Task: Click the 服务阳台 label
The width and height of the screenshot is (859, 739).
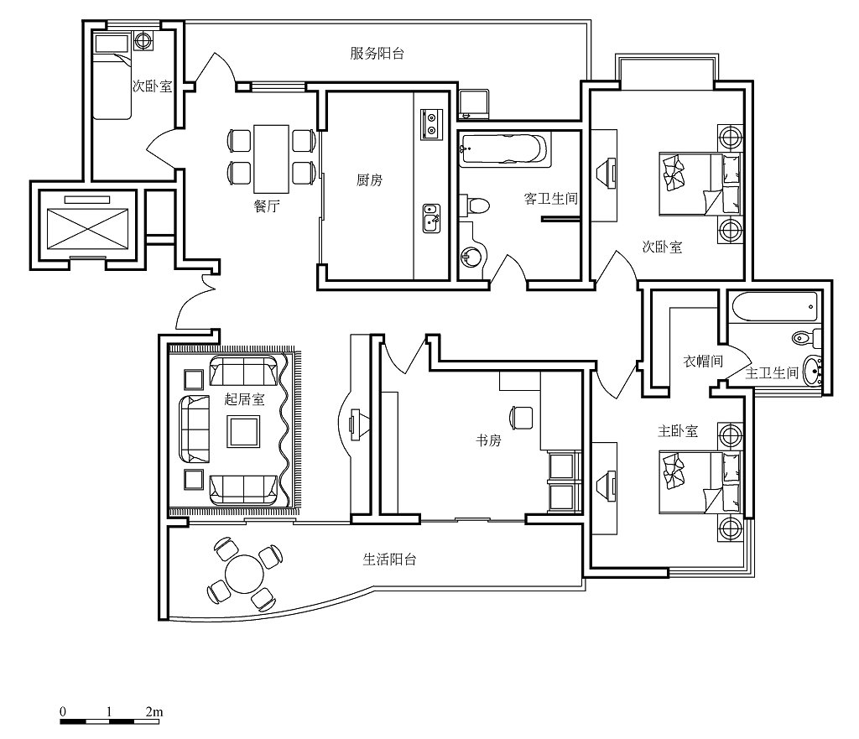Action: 377,53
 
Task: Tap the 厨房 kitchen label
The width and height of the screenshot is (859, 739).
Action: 369,180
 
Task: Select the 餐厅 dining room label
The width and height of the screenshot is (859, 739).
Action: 267,206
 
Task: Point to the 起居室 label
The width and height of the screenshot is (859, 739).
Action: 244,398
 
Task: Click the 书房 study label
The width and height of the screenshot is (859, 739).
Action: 488,440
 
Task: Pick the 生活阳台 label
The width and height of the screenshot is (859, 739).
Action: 389,559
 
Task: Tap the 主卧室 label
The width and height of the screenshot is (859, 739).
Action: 678,431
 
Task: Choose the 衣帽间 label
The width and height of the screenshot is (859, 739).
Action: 703,362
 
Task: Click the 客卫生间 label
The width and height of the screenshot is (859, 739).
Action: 551,198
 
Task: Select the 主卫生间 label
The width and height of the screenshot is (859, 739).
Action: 772,373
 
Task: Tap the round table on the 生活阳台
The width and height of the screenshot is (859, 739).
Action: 244,574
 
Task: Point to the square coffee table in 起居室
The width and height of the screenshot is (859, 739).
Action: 244,432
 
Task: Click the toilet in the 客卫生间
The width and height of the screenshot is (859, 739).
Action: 475,206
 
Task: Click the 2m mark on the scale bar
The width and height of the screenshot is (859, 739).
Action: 154,711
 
